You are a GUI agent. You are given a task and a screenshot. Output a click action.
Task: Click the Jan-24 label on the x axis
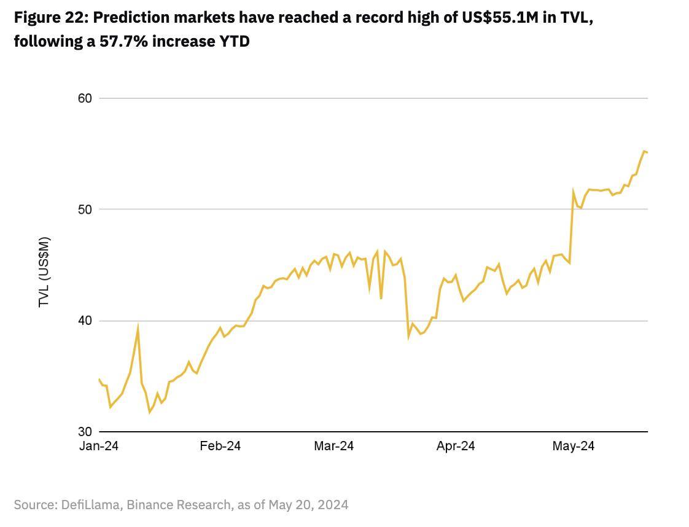98,447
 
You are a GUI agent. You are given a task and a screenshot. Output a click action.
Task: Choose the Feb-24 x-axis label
220,447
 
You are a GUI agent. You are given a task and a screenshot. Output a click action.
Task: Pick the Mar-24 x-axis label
333,447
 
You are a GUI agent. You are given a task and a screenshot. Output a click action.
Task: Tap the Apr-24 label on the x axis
455,447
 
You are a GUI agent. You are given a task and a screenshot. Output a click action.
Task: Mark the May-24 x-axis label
573,447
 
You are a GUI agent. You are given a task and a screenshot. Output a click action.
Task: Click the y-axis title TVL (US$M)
44,271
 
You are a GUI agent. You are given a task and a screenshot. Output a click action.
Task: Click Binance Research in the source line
182,505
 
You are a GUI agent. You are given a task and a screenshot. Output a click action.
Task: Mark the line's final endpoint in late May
647,152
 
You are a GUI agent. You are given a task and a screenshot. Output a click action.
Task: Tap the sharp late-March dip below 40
408,337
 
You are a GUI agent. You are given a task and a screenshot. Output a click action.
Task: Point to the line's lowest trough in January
149,412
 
